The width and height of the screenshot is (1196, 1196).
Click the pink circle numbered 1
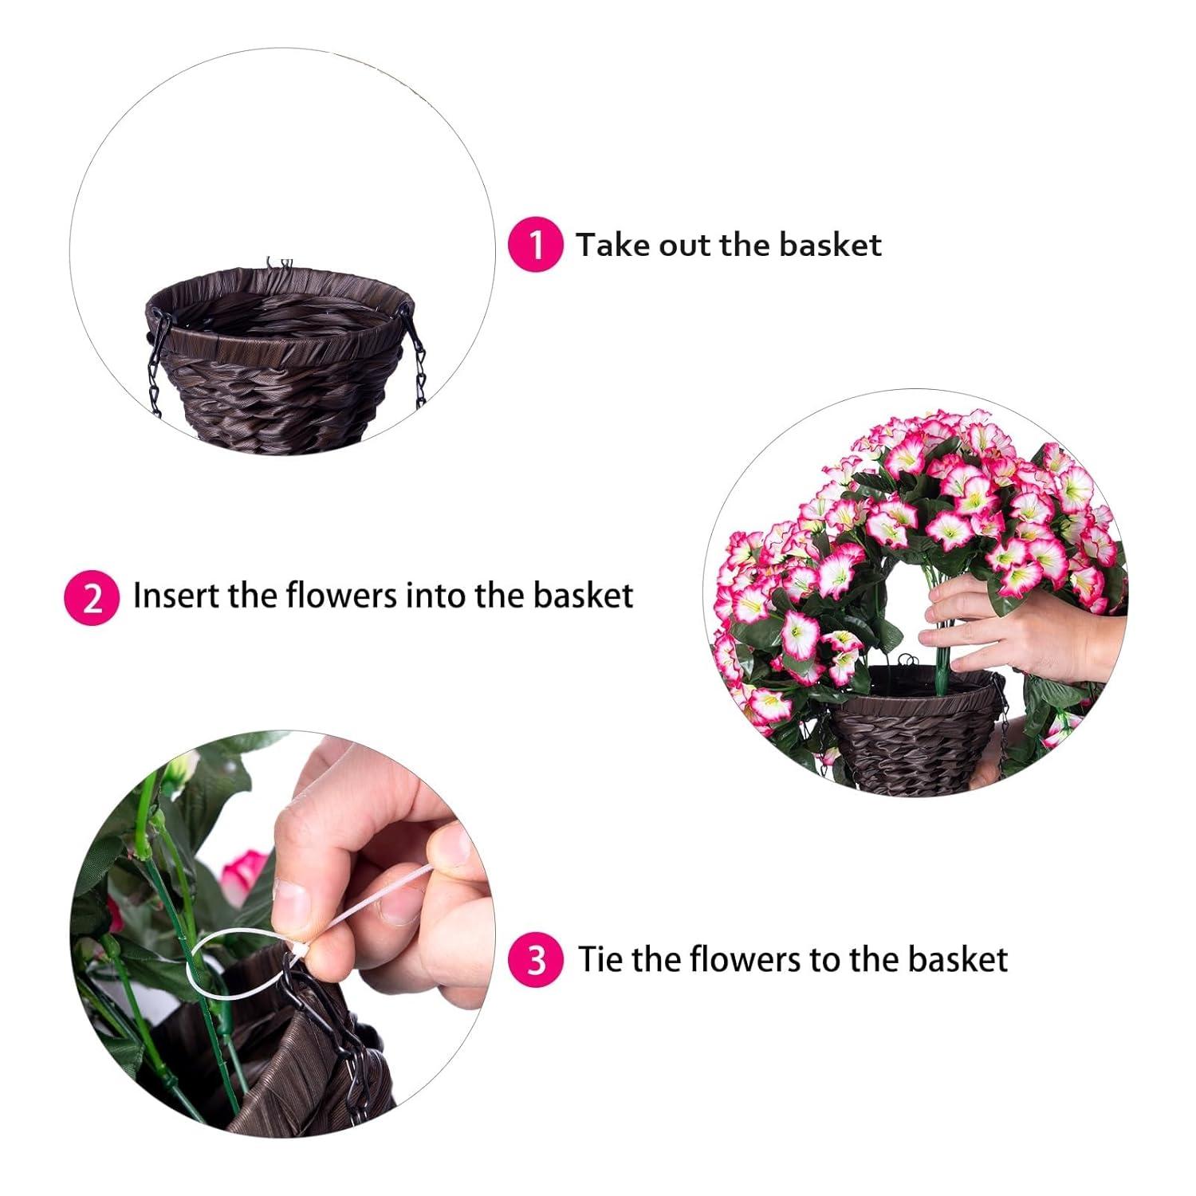click(536, 244)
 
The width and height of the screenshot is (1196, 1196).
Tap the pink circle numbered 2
click(92, 597)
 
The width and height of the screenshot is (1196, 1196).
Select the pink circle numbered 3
click(536, 959)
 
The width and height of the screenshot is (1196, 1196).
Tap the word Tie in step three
click(601, 958)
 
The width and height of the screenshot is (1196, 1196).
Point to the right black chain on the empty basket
click(416, 359)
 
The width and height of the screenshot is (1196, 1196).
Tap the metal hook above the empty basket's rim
click(279, 263)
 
